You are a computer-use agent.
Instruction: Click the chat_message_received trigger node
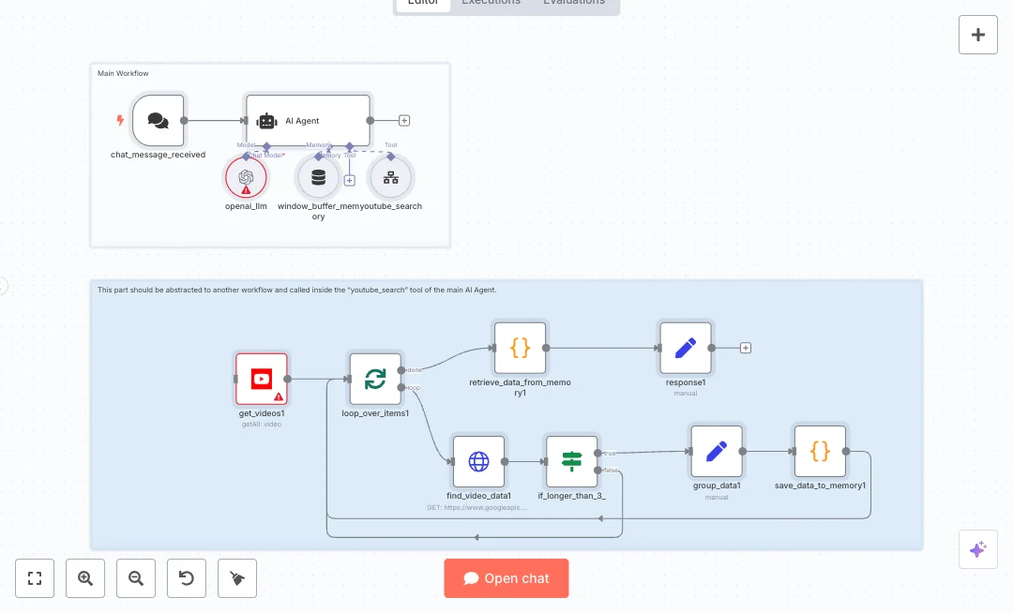159,120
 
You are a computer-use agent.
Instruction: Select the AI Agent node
308,120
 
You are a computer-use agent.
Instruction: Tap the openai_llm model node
246,176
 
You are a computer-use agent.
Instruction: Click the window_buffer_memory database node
318,176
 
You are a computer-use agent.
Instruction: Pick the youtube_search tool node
391,176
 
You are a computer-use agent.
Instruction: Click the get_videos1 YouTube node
262,379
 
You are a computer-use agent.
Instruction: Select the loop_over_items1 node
375,379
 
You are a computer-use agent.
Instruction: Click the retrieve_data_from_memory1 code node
520,348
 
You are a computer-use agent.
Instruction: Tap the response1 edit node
686,348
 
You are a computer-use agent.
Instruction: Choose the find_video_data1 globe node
478,461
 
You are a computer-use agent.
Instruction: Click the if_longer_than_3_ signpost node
571,461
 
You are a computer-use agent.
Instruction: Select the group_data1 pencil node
717,451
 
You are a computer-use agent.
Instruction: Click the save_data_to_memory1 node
820,451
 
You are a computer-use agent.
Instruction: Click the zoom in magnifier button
85,578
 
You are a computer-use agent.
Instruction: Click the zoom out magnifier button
136,578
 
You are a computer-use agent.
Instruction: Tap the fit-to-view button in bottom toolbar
35,578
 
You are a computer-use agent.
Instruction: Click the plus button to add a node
978,35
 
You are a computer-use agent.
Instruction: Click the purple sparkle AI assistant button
977,549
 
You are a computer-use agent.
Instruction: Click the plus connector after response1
746,348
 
